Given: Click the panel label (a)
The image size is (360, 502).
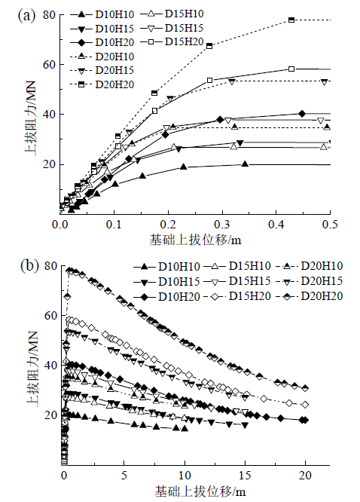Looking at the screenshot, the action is [x=26, y=16].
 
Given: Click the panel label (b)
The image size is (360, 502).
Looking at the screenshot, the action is [x=29, y=266].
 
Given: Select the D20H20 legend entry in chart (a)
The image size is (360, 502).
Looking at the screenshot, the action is [x=102, y=84].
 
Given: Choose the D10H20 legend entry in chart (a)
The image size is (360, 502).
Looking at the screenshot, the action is [x=102, y=42].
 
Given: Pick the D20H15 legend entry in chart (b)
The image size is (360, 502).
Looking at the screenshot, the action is [x=309, y=281].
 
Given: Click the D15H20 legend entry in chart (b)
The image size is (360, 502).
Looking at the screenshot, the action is [x=236, y=296].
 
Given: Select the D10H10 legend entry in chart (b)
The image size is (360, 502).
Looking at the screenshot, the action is [x=166, y=266].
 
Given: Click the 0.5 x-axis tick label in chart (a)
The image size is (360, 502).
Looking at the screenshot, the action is [x=330, y=225].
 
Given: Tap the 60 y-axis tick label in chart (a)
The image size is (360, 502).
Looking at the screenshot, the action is [x=49, y=64].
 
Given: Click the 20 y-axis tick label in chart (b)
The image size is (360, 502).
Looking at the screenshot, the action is [x=51, y=415].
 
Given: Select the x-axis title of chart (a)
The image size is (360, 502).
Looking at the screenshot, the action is [x=195, y=240].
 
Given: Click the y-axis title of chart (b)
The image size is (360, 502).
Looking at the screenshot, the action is [x=32, y=366].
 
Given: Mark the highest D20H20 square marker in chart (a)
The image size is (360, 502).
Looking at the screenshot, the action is [x=291, y=20].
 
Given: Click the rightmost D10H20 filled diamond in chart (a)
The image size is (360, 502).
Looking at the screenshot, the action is [x=302, y=114].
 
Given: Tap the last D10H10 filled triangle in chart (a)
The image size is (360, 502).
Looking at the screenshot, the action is [x=245, y=164].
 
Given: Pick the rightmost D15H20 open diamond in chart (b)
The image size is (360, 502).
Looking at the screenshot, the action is [x=305, y=405].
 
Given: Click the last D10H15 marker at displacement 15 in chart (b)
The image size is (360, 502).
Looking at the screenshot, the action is [x=245, y=425].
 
